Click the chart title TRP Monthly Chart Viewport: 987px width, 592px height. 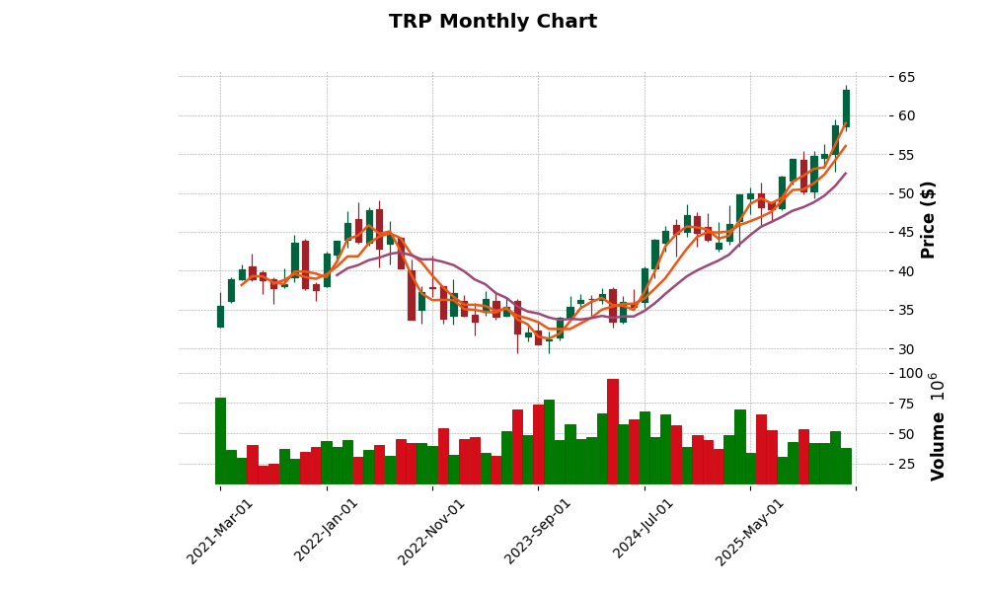[493, 22]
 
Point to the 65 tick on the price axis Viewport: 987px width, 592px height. [907, 77]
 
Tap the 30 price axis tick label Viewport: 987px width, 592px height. [907, 349]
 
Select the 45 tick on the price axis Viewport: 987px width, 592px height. [907, 233]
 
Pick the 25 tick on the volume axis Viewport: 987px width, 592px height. [907, 464]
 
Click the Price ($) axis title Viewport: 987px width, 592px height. [928, 219]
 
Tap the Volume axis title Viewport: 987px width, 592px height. [937, 426]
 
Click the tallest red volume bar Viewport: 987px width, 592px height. [613, 431]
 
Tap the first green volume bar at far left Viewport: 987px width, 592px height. [220, 440]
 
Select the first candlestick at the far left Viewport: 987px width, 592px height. [220, 316]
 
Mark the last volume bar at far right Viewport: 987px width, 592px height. [846, 466]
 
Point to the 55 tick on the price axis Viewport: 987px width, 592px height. [907, 155]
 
